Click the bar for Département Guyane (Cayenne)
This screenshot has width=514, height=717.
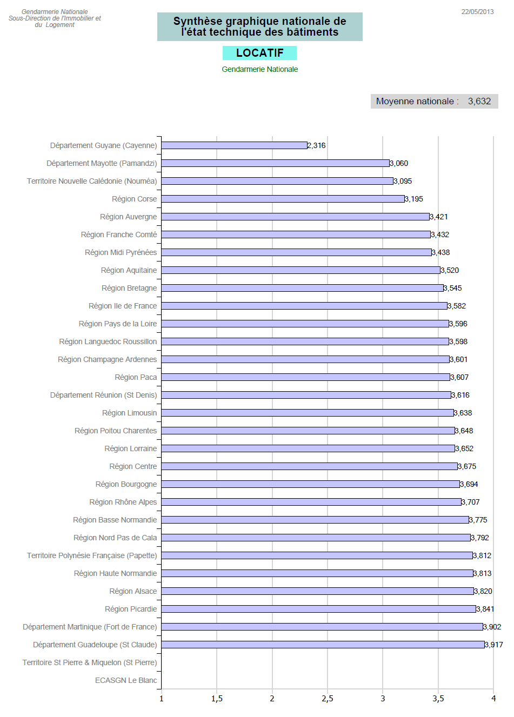(234, 145)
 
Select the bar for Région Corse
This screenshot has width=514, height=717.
(283, 199)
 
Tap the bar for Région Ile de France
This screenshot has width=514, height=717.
(304, 306)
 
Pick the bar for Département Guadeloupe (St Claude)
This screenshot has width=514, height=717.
(323, 645)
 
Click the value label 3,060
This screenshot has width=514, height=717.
(399, 163)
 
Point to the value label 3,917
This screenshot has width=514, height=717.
(494, 645)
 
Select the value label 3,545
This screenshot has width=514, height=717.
(453, 288)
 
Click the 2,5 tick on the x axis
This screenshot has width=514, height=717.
(328, 699)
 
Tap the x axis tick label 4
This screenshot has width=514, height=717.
(493, 699)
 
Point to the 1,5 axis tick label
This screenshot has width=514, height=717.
(217, 699)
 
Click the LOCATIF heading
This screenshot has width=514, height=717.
(259, 53)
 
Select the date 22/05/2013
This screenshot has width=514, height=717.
(477, 12)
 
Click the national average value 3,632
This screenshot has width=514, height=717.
(479, 101)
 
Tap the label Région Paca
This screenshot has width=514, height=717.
(136, 377)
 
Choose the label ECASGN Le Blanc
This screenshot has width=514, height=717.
(126, 680)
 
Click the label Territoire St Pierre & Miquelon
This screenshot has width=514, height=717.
(90, 662)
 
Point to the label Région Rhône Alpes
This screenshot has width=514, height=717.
(123, 502)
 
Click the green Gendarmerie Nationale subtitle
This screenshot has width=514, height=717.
(259, 69)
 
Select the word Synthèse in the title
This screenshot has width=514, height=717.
(197, 21)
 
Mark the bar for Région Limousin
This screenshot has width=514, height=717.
(308, 413)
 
